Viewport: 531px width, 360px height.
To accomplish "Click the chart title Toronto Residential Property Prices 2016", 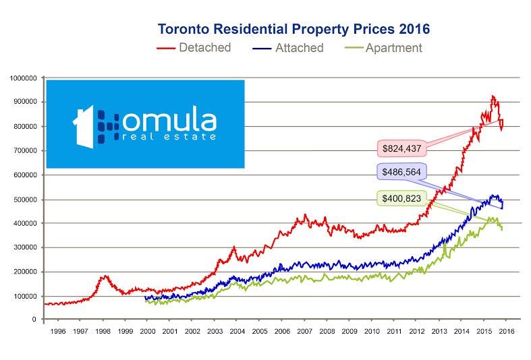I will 294,30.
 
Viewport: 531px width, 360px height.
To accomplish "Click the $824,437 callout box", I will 402,148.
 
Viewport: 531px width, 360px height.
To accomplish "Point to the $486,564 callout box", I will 402,173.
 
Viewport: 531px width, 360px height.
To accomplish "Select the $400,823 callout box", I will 402,198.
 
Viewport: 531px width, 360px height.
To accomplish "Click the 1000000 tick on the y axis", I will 24,78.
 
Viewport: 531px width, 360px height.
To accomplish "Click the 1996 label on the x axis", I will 57,332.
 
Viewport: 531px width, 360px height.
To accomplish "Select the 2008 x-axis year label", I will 327,332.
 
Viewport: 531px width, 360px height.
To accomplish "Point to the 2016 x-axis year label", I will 506,332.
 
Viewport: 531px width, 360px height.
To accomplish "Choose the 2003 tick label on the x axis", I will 215,332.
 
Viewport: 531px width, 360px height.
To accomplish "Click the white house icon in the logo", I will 84,125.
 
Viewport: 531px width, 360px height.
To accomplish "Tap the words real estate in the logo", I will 170,137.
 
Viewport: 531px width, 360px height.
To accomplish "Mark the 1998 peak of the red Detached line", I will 104,275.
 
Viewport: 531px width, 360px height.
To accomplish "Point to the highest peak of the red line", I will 493,96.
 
